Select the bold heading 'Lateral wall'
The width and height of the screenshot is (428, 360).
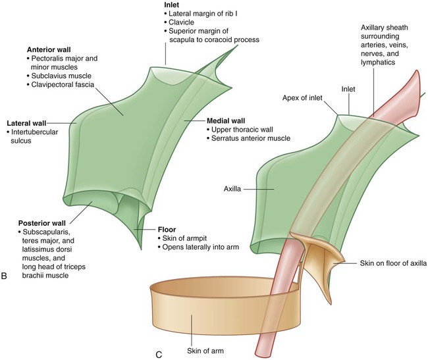(x=26, y=123)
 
